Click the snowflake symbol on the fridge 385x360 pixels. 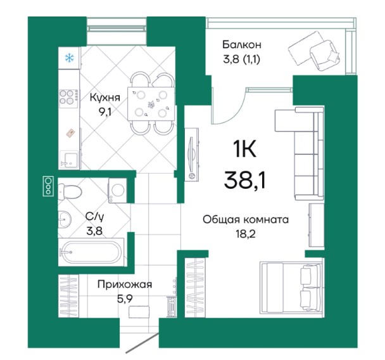pos(69,58)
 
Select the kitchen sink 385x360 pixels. pos(69,159)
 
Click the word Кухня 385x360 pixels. pos(105,98)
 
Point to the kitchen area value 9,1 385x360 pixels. pos(105,112)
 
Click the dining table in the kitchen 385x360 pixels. pos(152,104)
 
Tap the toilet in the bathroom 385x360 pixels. pos(70,191)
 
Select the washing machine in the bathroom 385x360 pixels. pos(117,190)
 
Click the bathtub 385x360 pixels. pos(91,252)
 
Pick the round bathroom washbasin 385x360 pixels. pos(65,219)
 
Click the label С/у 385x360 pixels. pos(94,217)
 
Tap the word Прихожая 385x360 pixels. pos(125,285)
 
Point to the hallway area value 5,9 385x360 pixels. pos(125,299)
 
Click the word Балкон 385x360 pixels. pos(242,45)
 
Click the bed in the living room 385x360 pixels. pos(291,288)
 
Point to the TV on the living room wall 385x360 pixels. pos(192,155)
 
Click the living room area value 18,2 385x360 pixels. pos(245,234)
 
